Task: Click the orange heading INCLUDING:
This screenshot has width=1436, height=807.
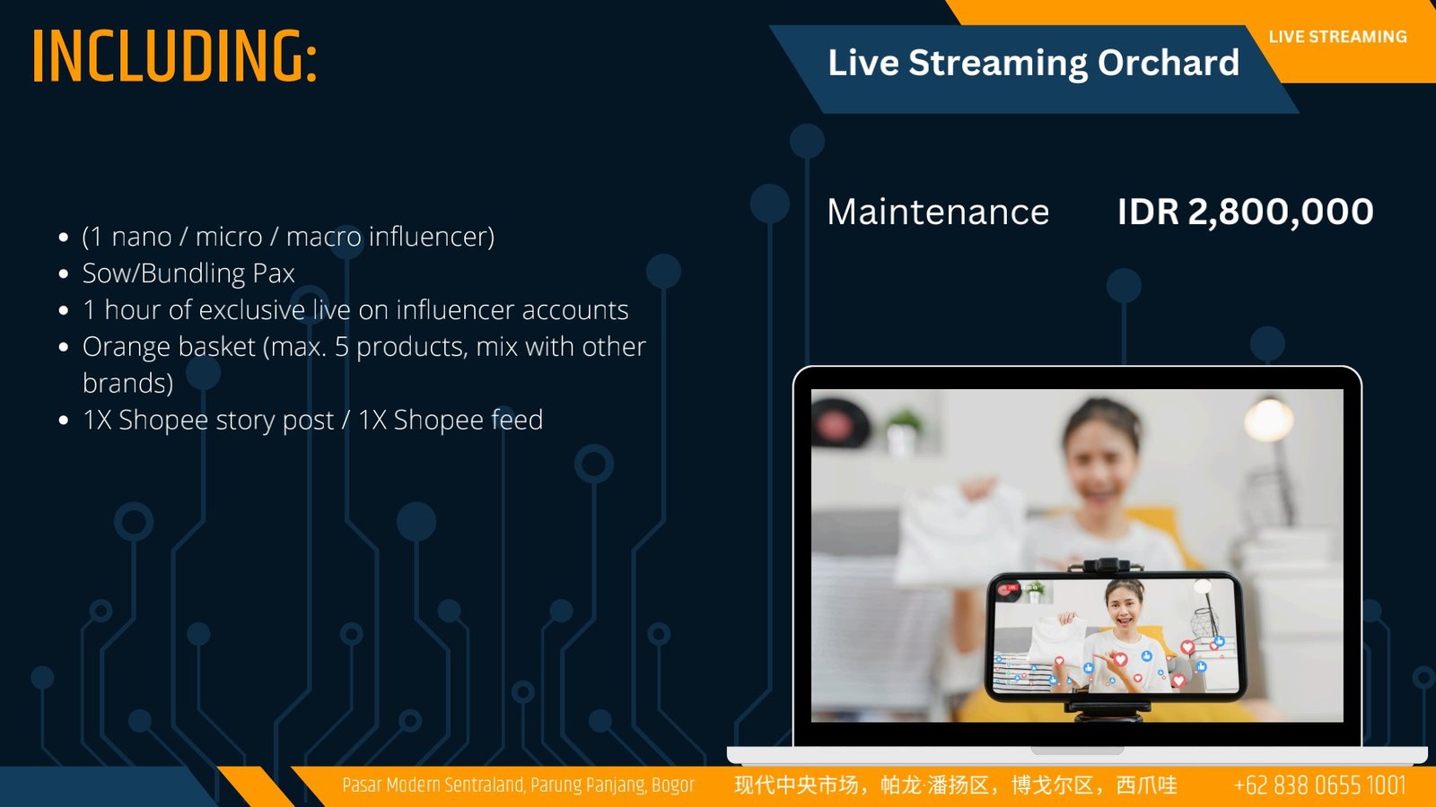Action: pos(174,56)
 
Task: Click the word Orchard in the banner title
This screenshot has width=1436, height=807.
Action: pos(1168,62)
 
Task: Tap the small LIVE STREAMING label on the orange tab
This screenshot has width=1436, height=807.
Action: pos(1338,37)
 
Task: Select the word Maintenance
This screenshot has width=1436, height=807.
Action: pos(938,212)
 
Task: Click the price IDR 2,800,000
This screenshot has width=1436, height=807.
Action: pos(1245,212)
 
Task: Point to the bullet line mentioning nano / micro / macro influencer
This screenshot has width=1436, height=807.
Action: pos(288,237)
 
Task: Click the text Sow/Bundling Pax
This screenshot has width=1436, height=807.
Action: pos(188,273)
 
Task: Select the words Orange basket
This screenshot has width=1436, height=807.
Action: pos(170,346)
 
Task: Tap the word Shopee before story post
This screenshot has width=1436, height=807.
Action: pos(163,421)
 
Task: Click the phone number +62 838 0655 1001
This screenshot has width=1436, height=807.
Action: pos(1319,785)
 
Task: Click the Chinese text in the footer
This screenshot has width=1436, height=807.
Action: pos(955,785)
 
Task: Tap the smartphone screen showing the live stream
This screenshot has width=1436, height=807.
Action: pos(1116,636)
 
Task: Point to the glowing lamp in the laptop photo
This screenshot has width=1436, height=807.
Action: pos(1268,420)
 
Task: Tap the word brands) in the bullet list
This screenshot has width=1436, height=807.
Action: pos(128,384)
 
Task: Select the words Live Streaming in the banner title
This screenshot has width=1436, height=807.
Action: pos(959,63)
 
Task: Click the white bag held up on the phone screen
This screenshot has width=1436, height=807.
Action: pos(1058,640)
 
